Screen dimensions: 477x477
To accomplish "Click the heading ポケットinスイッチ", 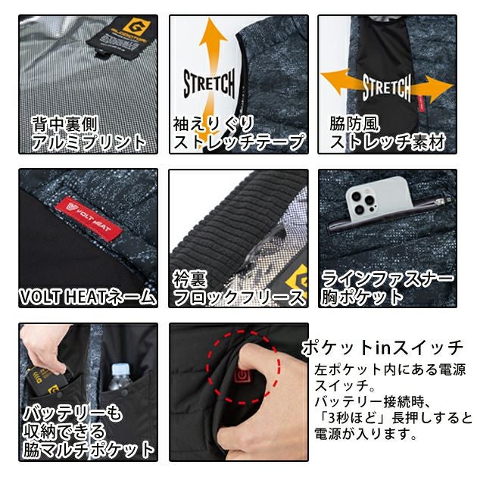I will pyautogui.click(x=382, y=348).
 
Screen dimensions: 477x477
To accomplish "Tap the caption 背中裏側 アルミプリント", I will pyautogui.click(x=88, y=132).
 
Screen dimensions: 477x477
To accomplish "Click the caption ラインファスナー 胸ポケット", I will pyautogui.click(x=387, y=288).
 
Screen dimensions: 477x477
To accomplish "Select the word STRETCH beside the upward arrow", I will pyautogui.click(x=208, y=83).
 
